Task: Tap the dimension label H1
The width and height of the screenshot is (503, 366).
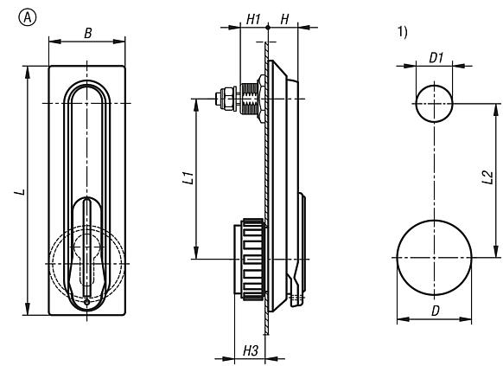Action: tap(252, 17)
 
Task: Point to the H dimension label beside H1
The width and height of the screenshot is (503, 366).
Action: tap(284, 17)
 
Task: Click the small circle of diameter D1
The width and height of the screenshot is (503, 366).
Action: tap(434, 104)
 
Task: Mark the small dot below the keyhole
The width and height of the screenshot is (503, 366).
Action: tap(87, 300)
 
